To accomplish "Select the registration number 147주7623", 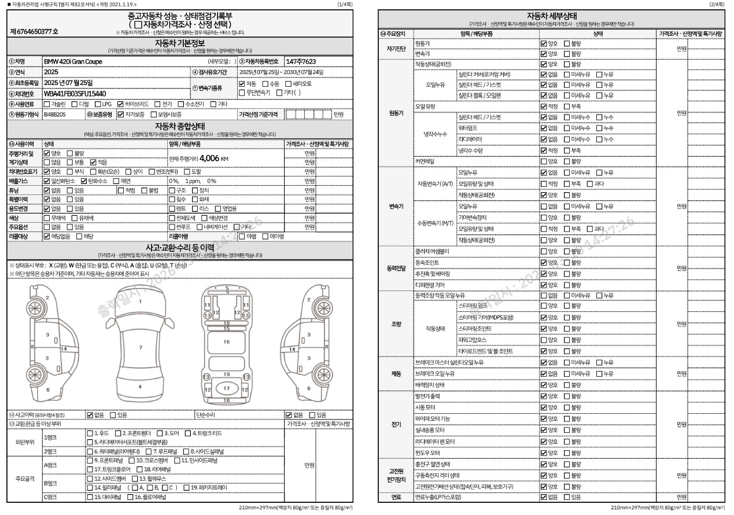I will pos(301,61).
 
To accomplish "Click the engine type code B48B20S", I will pos(55,115).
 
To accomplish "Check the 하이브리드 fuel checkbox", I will pos(120,104).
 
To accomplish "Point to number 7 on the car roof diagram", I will pos(141,347).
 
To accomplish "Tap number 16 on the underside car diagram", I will pos(227,341).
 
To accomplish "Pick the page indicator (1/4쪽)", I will pos(344,5).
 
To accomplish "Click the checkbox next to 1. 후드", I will pos(90,433).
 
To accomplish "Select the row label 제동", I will pos(396,374).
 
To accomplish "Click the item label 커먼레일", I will pos(425,161).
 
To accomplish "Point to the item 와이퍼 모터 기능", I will pos(433,418).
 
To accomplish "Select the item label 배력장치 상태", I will pos(430,385).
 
